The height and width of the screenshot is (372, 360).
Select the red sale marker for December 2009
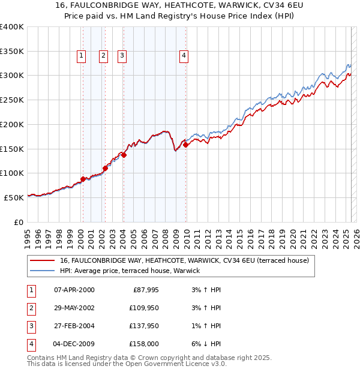(186, 145)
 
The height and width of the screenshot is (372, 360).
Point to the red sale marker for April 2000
(83, 179)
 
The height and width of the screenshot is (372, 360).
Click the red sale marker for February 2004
(124, 155)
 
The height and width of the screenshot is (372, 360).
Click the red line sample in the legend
(42, 261)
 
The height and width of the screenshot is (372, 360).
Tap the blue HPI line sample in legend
(42, 271)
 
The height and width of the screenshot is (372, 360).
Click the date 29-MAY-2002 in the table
(74, 308)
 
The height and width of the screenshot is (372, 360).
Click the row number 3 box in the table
(31, 326)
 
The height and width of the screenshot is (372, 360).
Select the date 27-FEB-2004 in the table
(74, 326)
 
